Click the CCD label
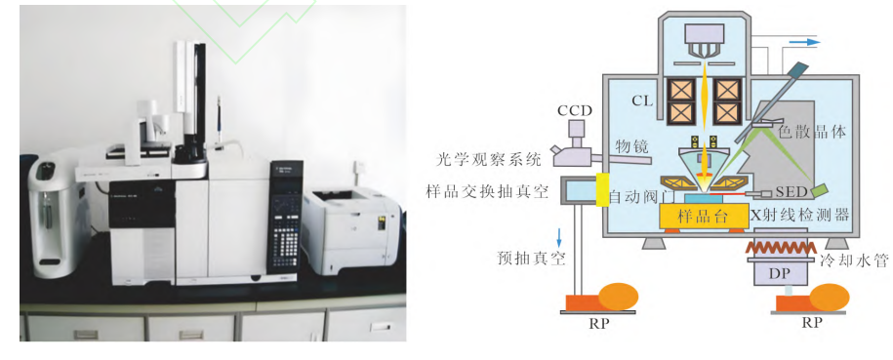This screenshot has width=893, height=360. click(x=575, y=110)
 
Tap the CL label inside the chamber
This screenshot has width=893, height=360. click(x=641, y=101)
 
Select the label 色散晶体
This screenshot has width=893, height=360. click(x=812, y=132)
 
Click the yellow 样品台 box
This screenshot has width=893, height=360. click(x=703, y=217)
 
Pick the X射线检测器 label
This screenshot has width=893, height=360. click(x=800, y=215)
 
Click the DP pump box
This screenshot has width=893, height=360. click(x=780, y=273)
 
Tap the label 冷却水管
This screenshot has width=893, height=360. click(x=854, y=260)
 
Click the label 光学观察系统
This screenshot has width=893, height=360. click(x=488, y=160)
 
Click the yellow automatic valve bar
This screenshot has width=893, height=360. click(x=601, y=188)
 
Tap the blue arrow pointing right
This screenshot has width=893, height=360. click(x=804, y=42)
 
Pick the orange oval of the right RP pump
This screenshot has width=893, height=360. click(x=830, y=298)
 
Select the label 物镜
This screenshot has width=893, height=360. click(x=632, y=147)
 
